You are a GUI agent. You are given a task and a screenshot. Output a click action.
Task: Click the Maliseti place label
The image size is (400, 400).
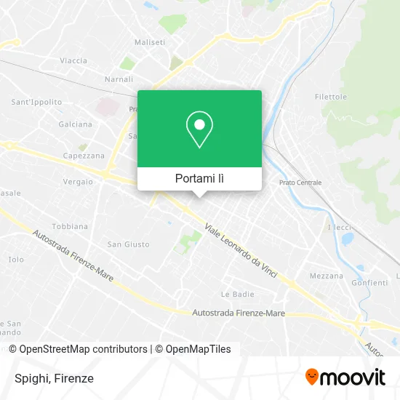pos(150,42)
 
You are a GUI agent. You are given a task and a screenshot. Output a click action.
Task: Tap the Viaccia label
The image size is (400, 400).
pos(74,60)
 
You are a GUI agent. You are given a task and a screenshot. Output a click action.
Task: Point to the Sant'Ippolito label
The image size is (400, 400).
pos(36,102)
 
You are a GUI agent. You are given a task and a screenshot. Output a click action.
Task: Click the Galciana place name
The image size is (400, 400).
pos(76,124)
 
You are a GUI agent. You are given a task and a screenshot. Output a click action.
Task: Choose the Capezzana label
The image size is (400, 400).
pos(84,156)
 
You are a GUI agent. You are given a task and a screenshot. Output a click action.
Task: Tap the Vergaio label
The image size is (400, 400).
pos(78,181)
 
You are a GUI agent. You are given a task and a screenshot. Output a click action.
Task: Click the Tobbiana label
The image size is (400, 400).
pos(70,225)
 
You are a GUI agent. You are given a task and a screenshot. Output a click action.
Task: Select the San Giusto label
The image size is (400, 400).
pos(128,244)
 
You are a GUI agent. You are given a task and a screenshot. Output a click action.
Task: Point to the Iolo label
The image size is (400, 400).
pos(15,259)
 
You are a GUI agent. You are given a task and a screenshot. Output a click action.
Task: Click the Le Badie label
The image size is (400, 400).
pos(237,294)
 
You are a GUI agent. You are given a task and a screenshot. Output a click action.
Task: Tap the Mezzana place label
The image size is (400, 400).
pos(326,276)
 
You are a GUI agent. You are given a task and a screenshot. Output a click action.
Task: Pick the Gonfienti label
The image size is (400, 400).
pos(369,282)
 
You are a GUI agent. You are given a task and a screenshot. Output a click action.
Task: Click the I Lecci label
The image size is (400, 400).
pos(340,228)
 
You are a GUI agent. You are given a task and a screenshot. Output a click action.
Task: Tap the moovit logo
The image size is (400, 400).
pos(345,377)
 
